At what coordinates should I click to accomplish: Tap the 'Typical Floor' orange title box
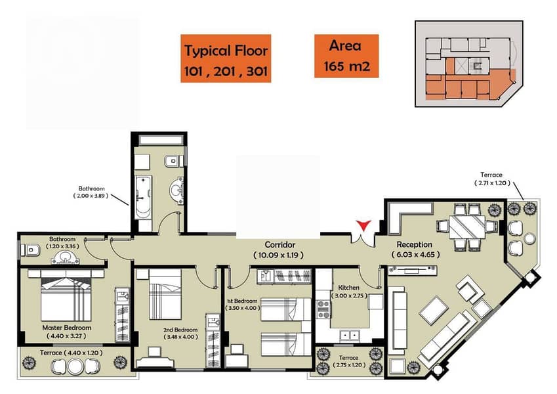click(x=226, y=58)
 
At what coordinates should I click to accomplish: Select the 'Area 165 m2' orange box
click(x=346, y=56)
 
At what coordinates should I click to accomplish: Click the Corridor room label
click(x=280, y=245)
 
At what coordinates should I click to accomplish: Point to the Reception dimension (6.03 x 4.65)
click(x=416, y=255)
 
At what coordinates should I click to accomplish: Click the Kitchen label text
click(x=348, y=288)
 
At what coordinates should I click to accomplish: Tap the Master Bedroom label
click(x=67, y=328)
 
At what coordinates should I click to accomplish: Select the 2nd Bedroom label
click(x=180, y=330)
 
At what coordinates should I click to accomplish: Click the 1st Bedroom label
click(x=242, y=301)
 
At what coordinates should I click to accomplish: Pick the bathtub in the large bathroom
click(x=143, y=198)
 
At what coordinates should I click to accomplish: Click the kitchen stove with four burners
click(x=323, y=309)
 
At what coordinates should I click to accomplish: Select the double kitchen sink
click(x=350, y=336)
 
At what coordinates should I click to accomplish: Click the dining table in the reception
click(x=467, y=227)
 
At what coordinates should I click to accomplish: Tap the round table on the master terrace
click(x=75, y=366)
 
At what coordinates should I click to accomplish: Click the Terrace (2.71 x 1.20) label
click(x=492, y=179)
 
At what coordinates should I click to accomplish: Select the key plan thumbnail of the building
click(x=469, y=64)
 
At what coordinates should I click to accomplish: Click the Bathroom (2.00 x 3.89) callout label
click(x=91, y=192)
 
